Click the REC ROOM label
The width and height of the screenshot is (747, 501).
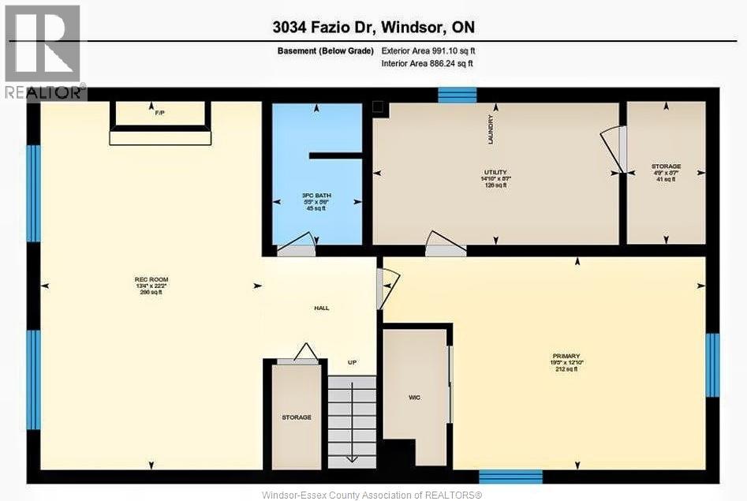coord(151,279)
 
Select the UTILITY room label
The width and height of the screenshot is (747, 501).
coord(495,172)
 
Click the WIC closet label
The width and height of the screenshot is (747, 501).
coord(414,397)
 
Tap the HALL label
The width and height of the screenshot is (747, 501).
coord(321,308)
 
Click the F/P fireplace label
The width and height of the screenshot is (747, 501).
coord(160,114)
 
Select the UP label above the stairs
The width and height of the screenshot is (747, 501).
coord(353,362)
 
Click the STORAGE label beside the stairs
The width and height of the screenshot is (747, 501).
coord(297,417)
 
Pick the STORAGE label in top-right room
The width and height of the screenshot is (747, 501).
coord(666,166)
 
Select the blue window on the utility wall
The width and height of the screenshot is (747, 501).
coord(457,95)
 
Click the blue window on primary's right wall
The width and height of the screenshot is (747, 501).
coord(712,365)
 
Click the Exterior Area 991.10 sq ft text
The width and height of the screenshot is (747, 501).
coord(428,50)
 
